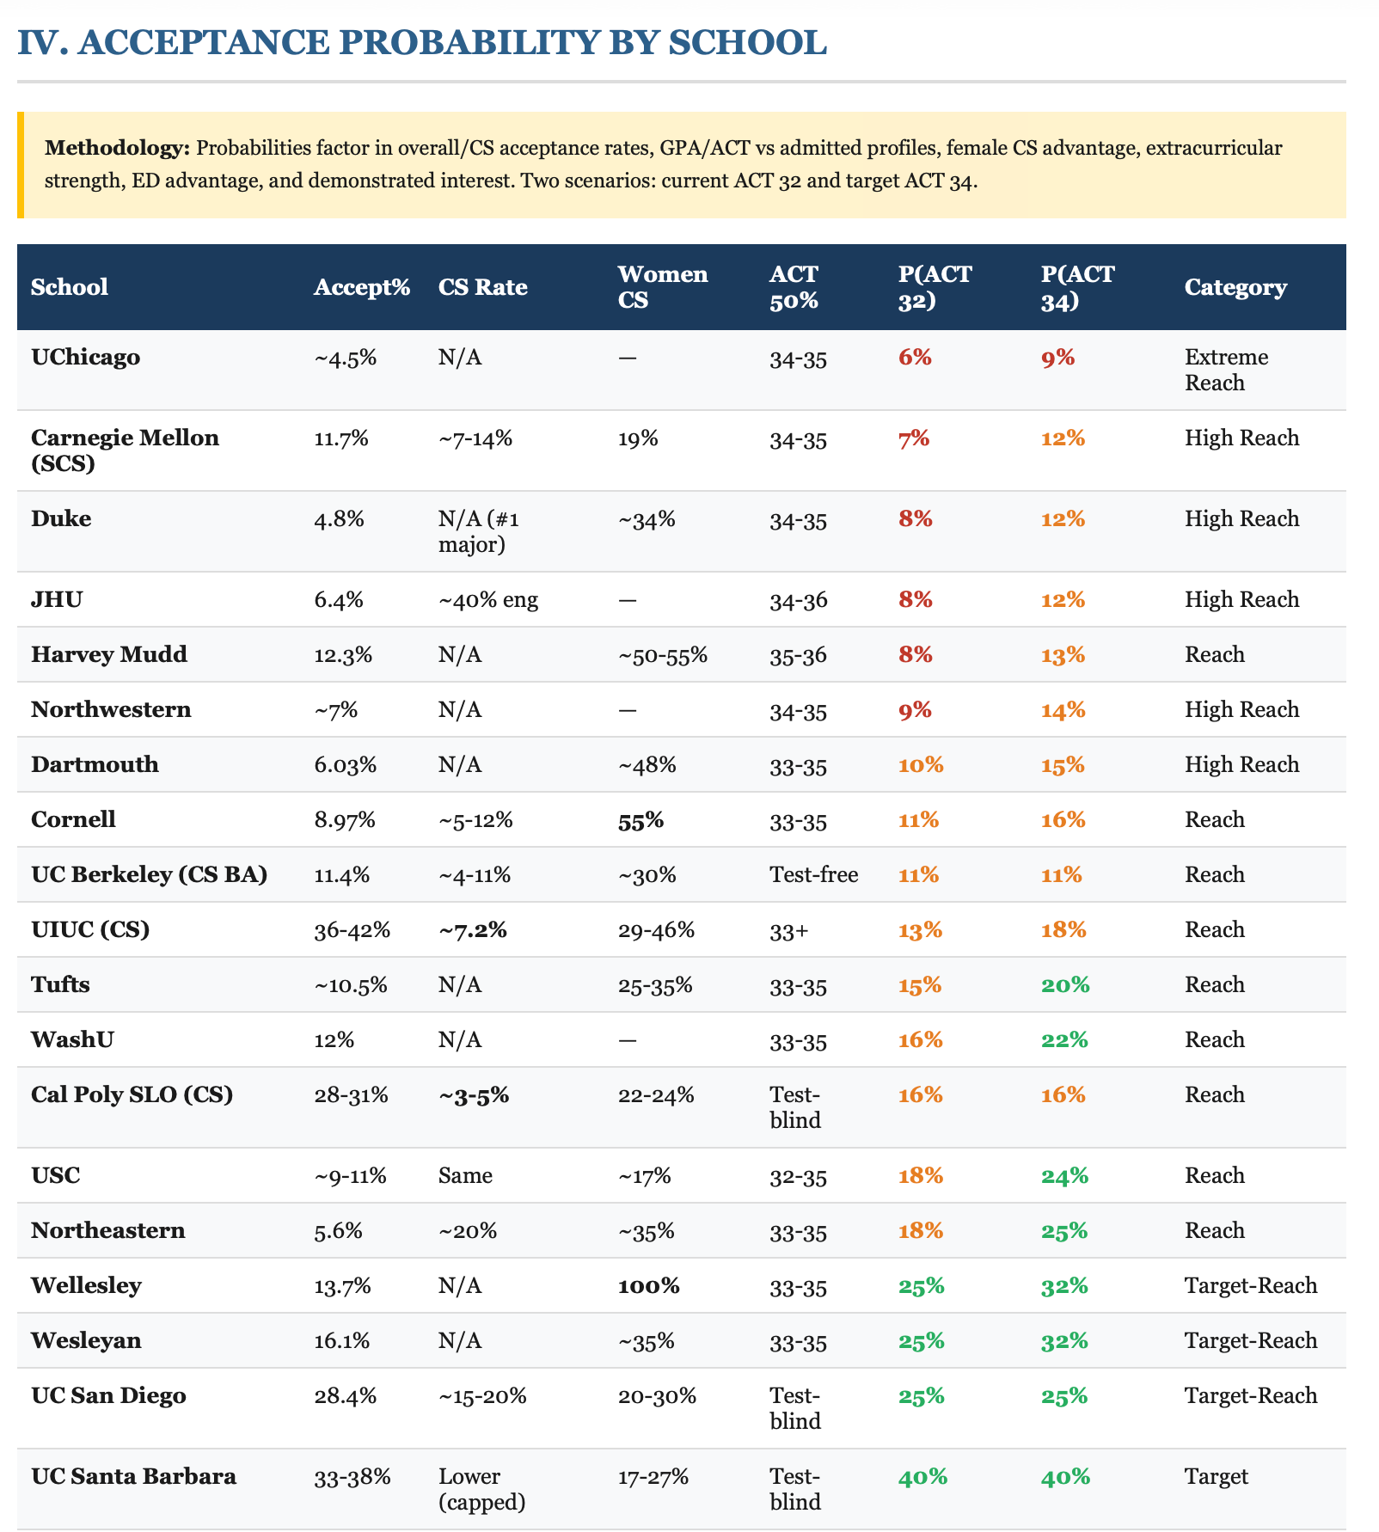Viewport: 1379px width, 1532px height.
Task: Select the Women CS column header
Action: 662,286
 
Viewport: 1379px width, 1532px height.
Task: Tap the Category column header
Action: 1235,287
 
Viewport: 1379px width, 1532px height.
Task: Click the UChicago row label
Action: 85,358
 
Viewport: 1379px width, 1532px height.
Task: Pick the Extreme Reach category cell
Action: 1226,370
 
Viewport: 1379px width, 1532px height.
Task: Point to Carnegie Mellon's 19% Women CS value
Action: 638,438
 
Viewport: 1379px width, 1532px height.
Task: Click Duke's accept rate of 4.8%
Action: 340,519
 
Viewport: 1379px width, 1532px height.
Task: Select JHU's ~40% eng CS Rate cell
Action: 488,600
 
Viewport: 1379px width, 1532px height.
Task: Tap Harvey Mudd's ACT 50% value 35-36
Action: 798,656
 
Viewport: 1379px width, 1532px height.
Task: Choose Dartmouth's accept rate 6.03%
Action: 346,765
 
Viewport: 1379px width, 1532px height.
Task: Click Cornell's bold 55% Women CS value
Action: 640,821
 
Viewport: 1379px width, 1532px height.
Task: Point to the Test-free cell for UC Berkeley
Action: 813,875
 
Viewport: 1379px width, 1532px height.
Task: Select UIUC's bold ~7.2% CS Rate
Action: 472,930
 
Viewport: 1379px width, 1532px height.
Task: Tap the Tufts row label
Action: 60,985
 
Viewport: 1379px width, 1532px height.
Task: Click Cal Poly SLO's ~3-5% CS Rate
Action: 473,1095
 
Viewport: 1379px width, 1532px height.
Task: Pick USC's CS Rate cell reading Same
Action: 465,1176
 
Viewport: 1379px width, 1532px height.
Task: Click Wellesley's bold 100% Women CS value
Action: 648,1286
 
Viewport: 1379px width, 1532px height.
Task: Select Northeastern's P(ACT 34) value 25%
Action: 1063,1231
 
